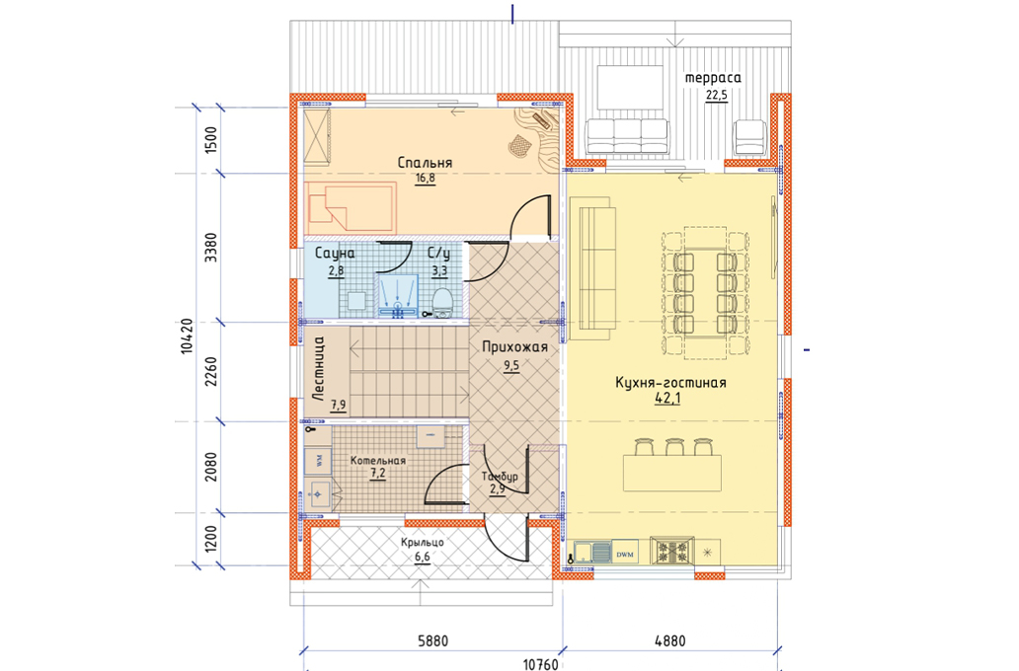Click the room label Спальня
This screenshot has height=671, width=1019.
(425, 163)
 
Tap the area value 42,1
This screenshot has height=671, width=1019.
(667, 399)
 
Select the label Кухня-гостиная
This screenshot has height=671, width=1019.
(670, 382)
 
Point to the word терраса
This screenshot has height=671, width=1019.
(713, 78)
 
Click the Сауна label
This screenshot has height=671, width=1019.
(335, 254)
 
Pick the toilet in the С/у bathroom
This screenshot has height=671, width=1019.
(442, 303)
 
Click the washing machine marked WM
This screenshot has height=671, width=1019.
(318, 461)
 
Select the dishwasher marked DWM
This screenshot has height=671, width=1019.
(624, 554)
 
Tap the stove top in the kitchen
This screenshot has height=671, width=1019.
(672, 551)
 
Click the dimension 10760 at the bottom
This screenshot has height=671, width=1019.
(541, 664)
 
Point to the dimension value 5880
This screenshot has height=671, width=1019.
(432, 641)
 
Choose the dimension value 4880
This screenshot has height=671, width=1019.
(670, 641)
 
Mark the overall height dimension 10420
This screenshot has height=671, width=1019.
(188, 335)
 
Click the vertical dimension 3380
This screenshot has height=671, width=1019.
(210, 248)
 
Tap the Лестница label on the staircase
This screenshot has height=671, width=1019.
(318, 368)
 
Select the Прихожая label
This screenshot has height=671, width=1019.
(514, 347)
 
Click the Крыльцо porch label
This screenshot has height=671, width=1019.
(423, 542)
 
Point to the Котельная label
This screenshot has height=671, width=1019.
(377, 461)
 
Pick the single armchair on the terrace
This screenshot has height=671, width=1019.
(750, 138)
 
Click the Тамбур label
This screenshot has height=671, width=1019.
(500, 477)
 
